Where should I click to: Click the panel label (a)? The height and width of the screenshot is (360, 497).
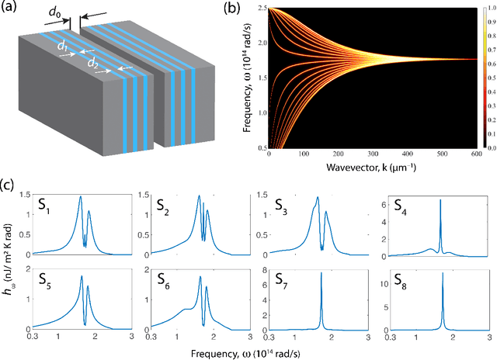(11, 9)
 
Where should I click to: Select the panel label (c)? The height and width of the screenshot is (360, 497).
(11, 185)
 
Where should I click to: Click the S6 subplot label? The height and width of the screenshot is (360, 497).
(167, 280)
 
